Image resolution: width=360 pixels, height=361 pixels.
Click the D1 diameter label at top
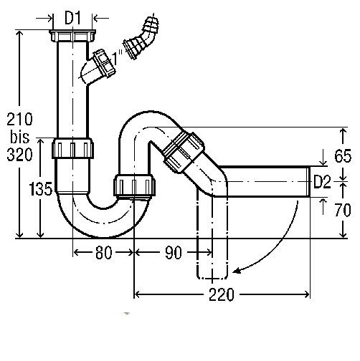(72, 18)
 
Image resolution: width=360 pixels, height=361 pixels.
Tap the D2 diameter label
(322, 182)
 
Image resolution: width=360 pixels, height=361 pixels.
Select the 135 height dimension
(40, 188)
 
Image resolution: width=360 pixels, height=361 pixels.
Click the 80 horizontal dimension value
(103, 252)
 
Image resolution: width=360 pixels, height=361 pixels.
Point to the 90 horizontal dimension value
(174, 252)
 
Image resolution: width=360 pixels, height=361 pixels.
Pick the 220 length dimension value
(222, 294)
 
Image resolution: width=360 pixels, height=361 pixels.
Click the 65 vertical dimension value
(343, 156)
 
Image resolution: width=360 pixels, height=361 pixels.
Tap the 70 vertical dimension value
(343, 210)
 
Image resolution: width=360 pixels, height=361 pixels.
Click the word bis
(20, 137)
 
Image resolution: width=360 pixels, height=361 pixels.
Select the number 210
(19, 119)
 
